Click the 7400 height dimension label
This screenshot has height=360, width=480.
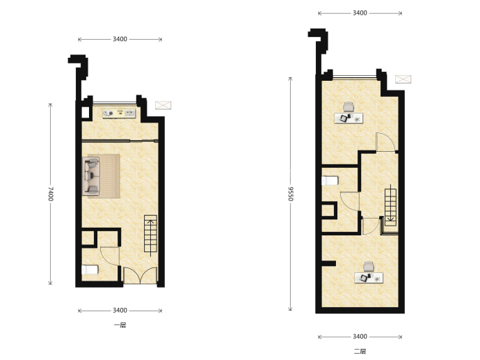point(51,194)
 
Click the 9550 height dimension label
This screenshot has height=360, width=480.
point(291,194)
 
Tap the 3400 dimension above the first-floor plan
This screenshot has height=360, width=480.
point(120,39)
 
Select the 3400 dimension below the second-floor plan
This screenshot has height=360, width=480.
point(360,336)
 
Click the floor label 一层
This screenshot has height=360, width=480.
point(120,325)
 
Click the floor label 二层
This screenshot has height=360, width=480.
point(360,352)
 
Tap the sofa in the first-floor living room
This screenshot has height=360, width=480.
point(91,176)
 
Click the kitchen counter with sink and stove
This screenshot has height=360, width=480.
point(119,114)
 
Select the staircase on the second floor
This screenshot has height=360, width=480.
point(391,205)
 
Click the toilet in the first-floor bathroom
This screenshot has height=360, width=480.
point(90,270)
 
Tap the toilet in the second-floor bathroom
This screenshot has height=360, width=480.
point(330,180)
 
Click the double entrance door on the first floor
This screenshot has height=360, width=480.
point(140,275)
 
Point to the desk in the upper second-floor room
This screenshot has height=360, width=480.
point(349,118)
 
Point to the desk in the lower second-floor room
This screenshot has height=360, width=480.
point(369,278)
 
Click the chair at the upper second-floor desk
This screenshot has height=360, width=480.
point(349,107)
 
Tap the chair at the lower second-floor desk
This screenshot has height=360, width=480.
point(369,267)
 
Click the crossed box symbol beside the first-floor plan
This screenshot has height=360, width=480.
point(163,105)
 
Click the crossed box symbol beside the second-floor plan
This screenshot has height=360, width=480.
point(403,79)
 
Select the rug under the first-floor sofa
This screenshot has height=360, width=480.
point(104,176)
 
